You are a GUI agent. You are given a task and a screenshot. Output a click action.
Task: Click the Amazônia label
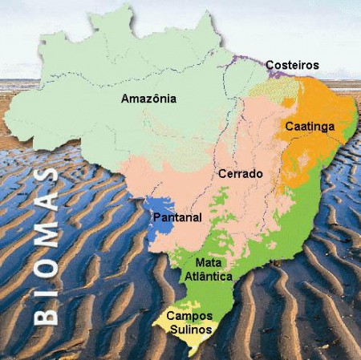[x=148, y=99]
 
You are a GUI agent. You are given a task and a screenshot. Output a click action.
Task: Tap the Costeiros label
[x=294, y=65]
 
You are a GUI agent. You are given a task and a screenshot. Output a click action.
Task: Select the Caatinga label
[x=309, y=126]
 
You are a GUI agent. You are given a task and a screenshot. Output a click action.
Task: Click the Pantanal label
[x=177, y=217]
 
